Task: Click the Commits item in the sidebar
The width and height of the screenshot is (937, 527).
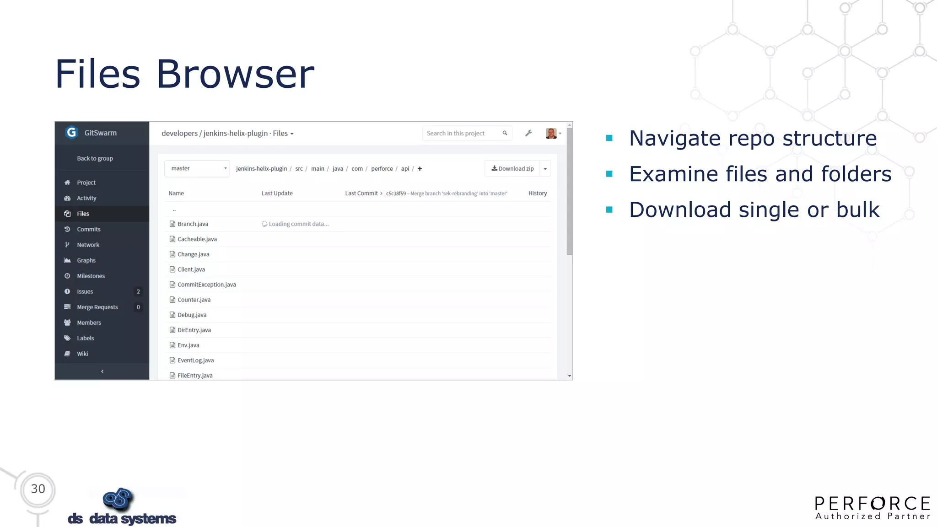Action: coord(88,229)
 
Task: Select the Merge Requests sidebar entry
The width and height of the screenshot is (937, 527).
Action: coord(97,307)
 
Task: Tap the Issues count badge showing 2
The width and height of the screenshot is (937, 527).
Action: coord(138,291)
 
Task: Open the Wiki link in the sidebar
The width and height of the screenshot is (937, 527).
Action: coord(82,354)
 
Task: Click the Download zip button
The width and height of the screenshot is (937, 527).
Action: coord(512,169)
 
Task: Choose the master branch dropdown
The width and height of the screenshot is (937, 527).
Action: coord(197,169)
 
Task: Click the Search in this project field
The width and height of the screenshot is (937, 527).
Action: coord(462,133)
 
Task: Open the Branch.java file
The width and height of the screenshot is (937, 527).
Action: coord(193,224)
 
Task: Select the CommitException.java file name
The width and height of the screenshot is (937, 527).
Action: coord(206,285)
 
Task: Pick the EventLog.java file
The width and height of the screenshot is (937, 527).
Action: coord(195,360)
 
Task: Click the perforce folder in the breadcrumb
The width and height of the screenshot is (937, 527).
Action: coord(382,169)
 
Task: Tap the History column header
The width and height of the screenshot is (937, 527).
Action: coord(538,194)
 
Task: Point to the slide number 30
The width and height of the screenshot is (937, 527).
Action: coord(38,489)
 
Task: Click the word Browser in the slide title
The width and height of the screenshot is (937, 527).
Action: coord(235,74)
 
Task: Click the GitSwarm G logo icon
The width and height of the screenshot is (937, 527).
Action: coord(71,132)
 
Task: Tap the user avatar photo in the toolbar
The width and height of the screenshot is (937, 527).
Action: coord(551,133)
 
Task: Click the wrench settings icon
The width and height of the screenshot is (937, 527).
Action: coord(528,133)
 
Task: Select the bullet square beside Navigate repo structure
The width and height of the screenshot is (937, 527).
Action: coord(609,138)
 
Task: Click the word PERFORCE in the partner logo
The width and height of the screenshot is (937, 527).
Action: coord(872,504)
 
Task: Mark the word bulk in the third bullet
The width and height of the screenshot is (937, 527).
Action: coord(858,210)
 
